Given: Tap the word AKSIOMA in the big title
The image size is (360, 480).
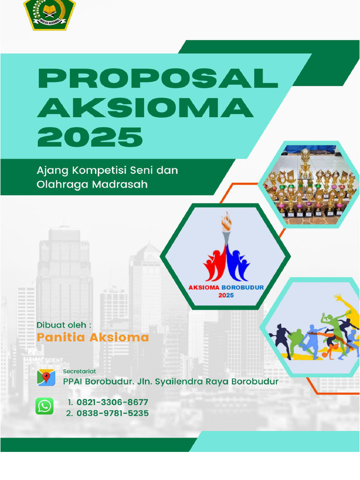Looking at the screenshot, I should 145,108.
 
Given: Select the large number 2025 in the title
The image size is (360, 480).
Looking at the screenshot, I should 90,137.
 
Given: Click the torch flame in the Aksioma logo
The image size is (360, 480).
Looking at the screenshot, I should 227,221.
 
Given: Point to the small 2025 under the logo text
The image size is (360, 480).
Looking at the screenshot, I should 225,296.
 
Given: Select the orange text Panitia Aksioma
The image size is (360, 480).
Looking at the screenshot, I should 93,337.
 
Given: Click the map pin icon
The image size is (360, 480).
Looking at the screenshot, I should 46,377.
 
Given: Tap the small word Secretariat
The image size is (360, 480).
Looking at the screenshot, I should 80,371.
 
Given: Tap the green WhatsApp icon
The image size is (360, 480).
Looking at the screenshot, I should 45,406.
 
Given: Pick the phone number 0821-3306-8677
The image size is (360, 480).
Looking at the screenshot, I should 112,402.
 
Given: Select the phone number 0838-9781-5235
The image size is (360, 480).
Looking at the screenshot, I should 112,413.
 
